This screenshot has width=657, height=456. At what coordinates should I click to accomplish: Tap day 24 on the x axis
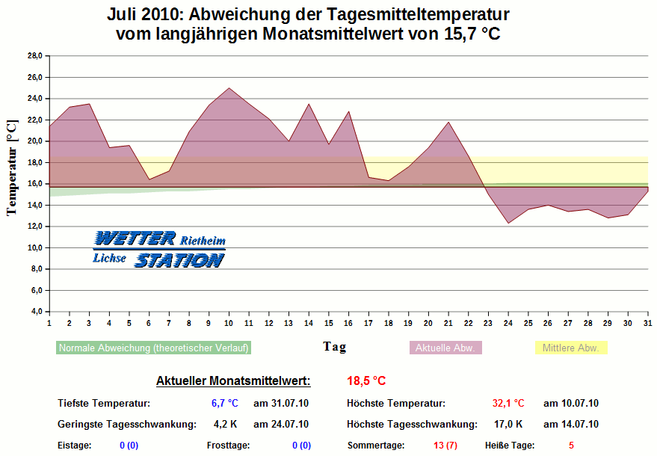click(508, 322)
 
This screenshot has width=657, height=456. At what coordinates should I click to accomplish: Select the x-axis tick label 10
click(229, 322)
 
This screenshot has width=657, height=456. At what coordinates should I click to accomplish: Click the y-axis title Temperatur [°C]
click(11, 168)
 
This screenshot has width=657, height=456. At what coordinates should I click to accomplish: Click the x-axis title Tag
click(334, 347)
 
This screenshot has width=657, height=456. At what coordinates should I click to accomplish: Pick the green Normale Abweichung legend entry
click(153, 348)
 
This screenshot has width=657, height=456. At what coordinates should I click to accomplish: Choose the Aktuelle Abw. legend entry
click(445, 348)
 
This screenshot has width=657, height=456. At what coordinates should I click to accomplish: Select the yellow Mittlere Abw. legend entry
click(572, 348)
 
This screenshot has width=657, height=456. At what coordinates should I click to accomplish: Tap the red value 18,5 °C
click(366, 381)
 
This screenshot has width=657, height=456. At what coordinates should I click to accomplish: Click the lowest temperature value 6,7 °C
click(223, 404)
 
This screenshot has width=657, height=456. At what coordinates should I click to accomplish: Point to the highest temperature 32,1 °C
click(508, 404)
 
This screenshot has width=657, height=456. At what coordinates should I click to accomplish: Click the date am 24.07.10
click(281, 425)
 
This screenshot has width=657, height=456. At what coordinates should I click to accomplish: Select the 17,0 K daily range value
click(508, 425)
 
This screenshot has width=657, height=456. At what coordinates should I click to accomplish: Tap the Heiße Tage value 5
click(571, 446)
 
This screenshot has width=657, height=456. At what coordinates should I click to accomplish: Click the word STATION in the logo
click(179, 260)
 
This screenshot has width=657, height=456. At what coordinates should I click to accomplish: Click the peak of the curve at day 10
click(229, 88)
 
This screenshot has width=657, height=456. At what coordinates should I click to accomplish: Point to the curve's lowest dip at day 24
click(508, 223)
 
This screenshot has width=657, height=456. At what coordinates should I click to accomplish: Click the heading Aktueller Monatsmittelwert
click(233, 381)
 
